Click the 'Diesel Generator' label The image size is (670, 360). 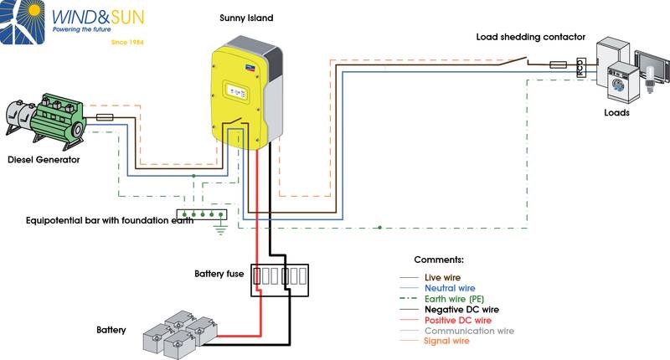[x=43, y=160]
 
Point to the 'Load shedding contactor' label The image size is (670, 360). [x=530, y=37]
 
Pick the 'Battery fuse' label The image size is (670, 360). [x=219, y=274]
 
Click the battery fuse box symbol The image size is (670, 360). [x=281, y=280]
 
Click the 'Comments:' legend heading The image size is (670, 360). [x=439, y=260]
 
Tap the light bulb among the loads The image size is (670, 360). [x=649, y=85]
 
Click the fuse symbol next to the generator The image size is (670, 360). [x=106, y=118]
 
